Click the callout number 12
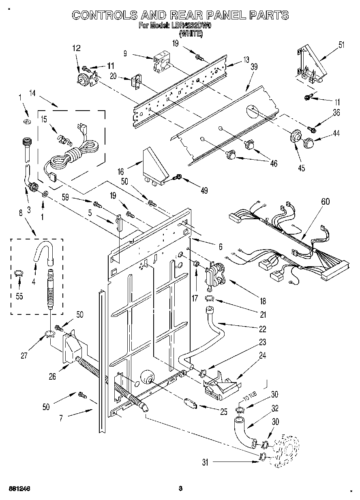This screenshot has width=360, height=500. point(77,48)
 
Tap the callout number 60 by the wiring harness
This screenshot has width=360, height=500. point(325,201)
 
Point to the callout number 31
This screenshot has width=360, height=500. point(205,462)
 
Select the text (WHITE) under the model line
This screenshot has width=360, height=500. point(191,34)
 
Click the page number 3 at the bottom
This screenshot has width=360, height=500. point(181,488)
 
